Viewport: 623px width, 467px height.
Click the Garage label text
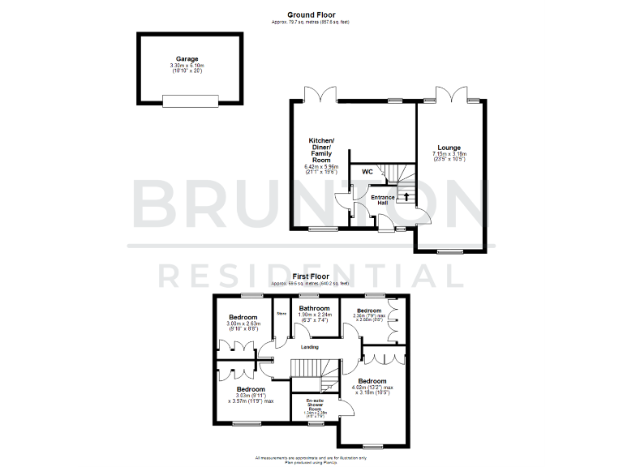(187, 59)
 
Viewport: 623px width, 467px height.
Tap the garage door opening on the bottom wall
(190, 101)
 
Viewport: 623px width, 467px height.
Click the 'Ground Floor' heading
(311, 14)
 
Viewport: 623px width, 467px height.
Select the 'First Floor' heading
(311, 276)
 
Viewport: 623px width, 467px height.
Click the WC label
(367, 172)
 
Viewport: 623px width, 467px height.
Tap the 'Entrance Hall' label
(383, 199)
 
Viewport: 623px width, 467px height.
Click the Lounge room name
(449, 148)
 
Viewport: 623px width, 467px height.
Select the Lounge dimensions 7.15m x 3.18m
(449, 154)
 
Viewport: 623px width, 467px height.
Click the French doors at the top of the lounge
(449, 93)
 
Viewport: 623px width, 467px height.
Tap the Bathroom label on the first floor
(314, 309)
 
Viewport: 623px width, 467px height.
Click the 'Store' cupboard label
(281, 312)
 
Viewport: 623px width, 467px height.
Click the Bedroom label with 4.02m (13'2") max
(372, 380)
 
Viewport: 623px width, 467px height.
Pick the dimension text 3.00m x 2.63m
(243, 324)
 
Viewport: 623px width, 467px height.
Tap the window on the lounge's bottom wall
(448, 252)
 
